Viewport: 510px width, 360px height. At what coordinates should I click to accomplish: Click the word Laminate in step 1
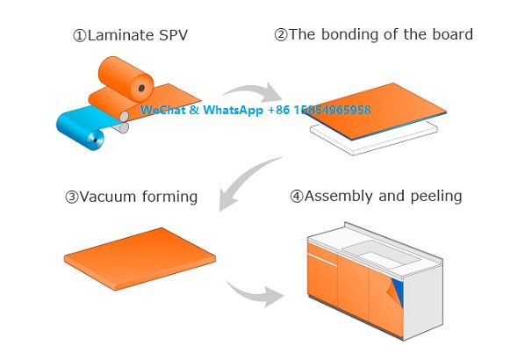coord(121,35)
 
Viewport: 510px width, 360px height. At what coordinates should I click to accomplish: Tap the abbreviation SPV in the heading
coord(173,35)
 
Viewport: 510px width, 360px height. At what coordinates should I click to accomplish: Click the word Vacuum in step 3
coord(108,197)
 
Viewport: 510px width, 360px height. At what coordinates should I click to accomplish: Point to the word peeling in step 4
coord(436,197)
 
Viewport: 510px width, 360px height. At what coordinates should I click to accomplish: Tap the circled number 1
coord(79,35)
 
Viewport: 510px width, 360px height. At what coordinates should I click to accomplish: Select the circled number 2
coord(281,34)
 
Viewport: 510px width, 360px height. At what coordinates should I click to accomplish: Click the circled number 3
coord(72,197)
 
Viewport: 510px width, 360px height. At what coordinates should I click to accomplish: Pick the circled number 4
coord(297,197)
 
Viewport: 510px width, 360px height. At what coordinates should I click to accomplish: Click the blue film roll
coord(83,127)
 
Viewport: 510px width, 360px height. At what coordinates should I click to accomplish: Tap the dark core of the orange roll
coord(141,88)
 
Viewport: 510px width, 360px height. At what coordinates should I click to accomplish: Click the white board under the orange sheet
coord(374,137)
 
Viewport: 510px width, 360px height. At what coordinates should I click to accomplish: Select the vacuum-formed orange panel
coord(140,258)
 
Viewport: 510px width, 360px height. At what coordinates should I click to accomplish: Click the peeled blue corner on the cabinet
coord(399,291)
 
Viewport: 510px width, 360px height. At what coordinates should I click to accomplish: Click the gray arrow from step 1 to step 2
coord(254,90)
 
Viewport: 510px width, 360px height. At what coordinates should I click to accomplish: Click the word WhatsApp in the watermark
coord(233,110)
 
